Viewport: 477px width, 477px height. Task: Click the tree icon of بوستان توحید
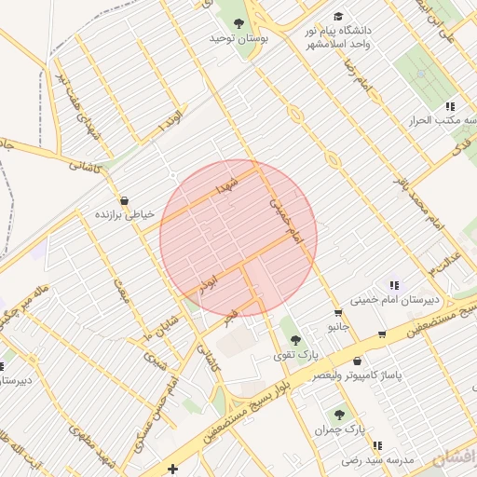click(238, 23)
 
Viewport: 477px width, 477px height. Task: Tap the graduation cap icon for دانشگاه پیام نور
click(338, 17)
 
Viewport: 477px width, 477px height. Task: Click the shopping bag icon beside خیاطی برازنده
click(124, 199)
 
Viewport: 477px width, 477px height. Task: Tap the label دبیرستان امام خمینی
click(387, 300)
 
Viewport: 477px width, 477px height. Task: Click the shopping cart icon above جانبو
click(338, 314)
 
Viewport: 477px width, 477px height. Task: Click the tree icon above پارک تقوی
click(295, 340)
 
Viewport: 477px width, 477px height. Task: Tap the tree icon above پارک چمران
click(339, 415)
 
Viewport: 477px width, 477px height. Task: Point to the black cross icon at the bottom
click(172, 468)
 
